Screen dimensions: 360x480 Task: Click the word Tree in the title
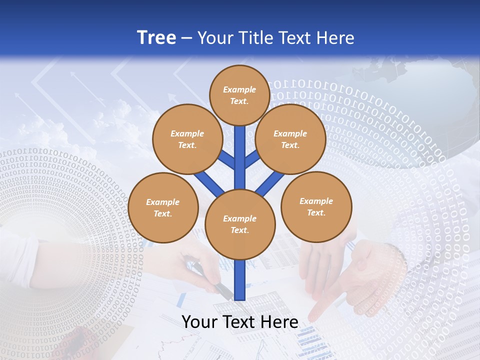(156, 37)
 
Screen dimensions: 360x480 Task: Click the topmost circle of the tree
(239, 95)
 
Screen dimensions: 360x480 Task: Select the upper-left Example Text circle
(187, 139)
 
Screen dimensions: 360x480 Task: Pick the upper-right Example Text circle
(290, 139)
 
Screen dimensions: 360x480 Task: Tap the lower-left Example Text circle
(163, 207)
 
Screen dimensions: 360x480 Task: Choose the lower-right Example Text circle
(316, 206)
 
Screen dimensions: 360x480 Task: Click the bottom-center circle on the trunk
(240, 224)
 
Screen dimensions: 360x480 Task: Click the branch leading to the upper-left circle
(227, 160)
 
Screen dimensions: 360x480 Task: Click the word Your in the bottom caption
(199, 322)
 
